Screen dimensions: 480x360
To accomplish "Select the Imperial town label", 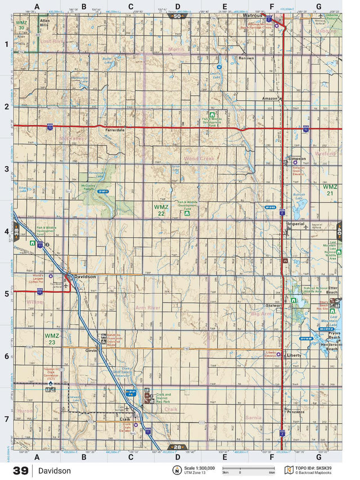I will click(x=295, y=224).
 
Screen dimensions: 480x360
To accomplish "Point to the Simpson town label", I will click(x=296, y=159).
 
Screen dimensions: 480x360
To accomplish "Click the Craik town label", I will click(x=125, y=419).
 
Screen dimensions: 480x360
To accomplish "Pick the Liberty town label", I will click(x=294, y=356).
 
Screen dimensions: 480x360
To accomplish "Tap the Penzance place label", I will click(x=295, y=412).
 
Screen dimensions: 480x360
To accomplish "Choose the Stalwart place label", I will click(x=273, y=304).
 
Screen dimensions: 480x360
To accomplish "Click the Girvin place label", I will click(x=92, y=350).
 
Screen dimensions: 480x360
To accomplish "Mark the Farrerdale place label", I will click(x=114, y=130).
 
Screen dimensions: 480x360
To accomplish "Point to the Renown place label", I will click(x=246, y=58).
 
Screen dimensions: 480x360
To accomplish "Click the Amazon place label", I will click(x=270, y=98).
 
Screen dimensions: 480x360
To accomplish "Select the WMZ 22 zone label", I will click(x=160, y=210).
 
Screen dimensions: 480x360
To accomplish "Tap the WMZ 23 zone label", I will click(x=52, y=339).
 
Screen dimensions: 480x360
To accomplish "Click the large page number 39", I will click(x=21, y=470).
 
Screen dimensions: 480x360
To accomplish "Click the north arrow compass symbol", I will click(x=176, y=470).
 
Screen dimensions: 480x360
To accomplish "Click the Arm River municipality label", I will click(x=147, y=308).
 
